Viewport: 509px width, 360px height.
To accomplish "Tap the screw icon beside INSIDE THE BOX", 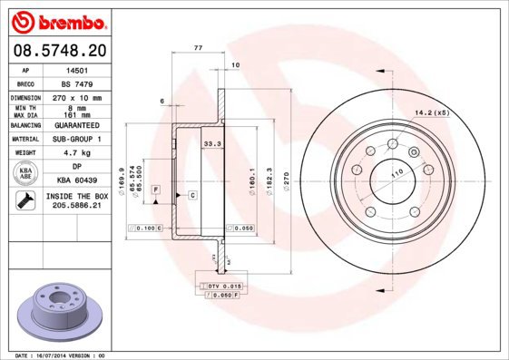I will [x=24, y=201].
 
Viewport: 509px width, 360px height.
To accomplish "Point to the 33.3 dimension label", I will [x=211, y=143].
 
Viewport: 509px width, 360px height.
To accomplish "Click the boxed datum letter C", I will [x=192, y=195].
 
